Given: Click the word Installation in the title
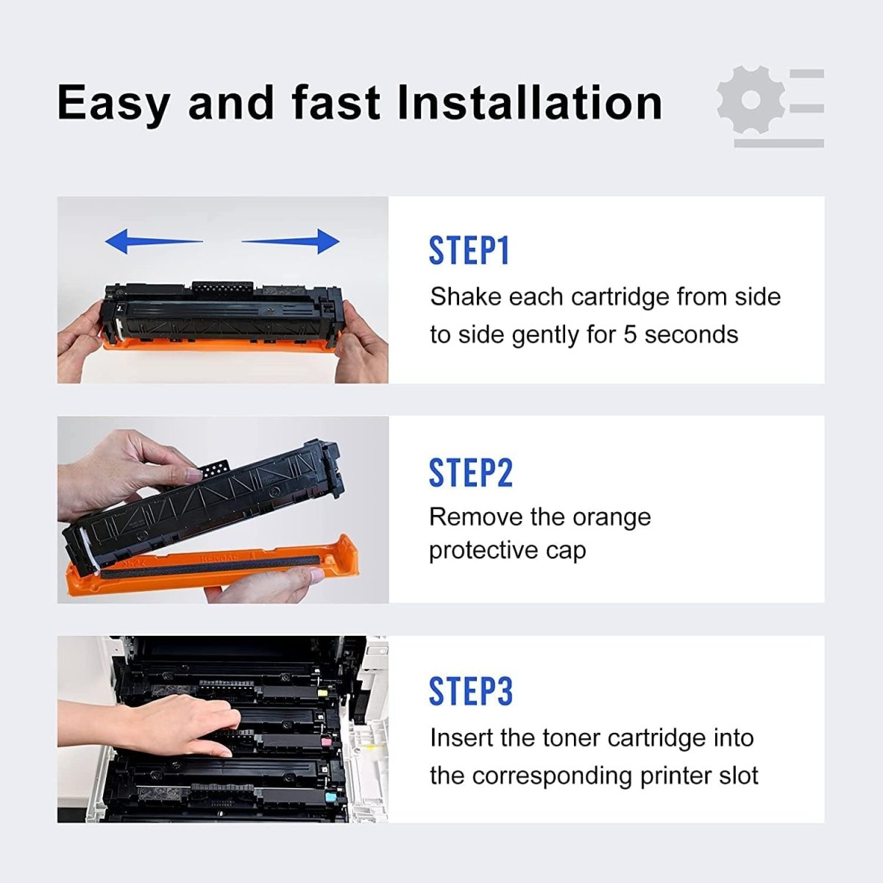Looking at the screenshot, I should [530, 102].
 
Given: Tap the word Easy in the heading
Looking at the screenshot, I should [114, 104].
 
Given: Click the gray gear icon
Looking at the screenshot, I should [751, 100].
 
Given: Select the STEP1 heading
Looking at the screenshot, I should [469, 251].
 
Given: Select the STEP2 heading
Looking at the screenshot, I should [470, 473].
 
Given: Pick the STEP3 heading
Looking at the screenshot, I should [470, 692].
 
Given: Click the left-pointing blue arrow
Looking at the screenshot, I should [153, 241].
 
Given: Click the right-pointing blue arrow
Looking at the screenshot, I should [291, 241].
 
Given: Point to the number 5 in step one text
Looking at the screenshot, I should [630, 335].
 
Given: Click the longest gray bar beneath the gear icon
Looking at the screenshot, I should [779, 143].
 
